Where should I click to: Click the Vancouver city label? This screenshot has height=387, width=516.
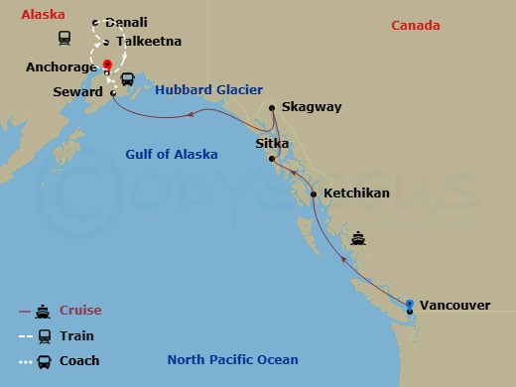(x=455, y=305)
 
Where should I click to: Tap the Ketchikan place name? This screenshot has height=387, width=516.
(x=356, y=193)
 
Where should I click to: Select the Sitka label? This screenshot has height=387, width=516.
(x=273, y=144)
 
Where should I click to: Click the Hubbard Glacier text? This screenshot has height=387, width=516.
(x=208, y=89)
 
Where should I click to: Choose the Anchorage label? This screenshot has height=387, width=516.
(x=62, y=66)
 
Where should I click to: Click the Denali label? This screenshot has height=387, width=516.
(x=126, y=22)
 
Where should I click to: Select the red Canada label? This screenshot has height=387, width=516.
(x=415, y=25)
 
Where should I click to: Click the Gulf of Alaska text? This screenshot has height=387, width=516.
(x=171, y=154)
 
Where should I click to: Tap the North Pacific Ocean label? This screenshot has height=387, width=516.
(x=232, y=360)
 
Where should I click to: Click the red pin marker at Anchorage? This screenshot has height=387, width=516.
(x=107, y=66)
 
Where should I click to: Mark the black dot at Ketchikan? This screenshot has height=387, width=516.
(x=314, y=194)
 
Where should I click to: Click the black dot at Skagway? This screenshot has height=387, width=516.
(x=272, y=108)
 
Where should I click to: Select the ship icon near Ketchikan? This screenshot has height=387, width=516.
(x=359, y=238)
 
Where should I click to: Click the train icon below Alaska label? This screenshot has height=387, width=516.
(x=64, y=39)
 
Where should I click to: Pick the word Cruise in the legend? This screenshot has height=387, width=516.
(x=80, y=311)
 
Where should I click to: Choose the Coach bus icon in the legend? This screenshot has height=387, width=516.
(x=44, y=361)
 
